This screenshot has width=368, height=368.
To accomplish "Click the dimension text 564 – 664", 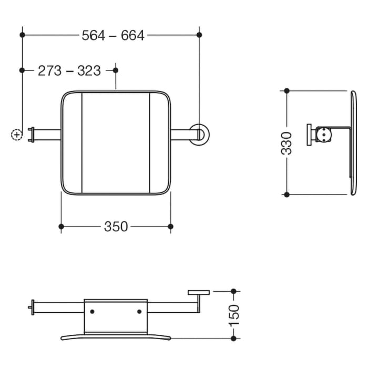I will point(113,35).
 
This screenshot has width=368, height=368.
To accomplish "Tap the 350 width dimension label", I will point(116,227).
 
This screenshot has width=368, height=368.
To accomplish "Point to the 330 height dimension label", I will point(287,143).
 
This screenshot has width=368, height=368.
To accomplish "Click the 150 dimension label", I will point(234,314).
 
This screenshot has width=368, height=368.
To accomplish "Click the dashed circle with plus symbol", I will point(17,135).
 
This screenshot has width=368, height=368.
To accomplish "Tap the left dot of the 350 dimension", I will point(62,227).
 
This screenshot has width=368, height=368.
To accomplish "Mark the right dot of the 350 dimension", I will point(170,227).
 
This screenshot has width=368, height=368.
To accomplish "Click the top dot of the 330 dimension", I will point(287,91).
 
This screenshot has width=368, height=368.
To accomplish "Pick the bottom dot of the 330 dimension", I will point(287,195).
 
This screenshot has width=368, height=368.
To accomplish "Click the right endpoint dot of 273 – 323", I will point(116,70).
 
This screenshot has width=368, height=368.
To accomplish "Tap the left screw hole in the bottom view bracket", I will point(93,312).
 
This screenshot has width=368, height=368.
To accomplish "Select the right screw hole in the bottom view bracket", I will point(139,312).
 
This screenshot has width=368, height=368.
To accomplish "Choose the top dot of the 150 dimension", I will point(234,291).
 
